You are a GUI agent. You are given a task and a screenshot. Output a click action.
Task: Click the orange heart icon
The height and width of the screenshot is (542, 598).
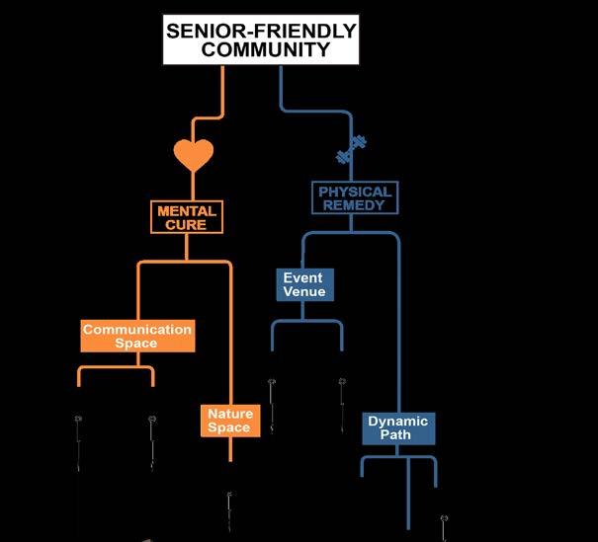(x=195, y=155)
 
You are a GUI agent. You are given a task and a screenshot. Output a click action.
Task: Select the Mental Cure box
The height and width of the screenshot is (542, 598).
(x=186, y=217)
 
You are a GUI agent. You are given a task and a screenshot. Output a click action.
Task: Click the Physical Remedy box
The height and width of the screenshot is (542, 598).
(x=354, y=198)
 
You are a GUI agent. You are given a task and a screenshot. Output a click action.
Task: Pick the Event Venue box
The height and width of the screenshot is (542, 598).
(x=303, y=284)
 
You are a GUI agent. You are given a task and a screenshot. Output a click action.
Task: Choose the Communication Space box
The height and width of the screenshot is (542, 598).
(x=136, y=336)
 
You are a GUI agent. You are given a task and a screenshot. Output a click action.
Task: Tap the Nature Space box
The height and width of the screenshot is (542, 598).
(x=228, y=421)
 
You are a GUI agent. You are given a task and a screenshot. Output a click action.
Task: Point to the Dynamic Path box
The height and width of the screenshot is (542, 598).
(x=398, y=428)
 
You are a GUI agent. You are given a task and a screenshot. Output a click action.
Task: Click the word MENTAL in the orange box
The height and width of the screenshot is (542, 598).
(x=186, y=210)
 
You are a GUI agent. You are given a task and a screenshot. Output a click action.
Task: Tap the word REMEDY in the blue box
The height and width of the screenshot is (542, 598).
(x=354, y=206)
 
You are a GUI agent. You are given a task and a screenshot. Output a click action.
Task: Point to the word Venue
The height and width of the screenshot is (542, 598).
(x=303, y=292)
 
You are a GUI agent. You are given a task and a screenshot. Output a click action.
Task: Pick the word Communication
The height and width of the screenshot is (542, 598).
(x=136, y=329)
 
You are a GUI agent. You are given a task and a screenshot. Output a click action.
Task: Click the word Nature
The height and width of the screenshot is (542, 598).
(x=228, y=413)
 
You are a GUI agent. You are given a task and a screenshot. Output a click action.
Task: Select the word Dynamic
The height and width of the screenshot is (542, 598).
(x=398, y=422)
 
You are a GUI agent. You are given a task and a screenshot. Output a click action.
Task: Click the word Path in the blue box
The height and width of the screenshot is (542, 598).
(x=398, y=436)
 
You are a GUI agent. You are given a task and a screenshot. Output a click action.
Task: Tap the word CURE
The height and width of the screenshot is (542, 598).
(x=186, y=225)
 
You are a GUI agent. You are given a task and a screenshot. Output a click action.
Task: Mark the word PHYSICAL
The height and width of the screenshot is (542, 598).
(x=354, y=191)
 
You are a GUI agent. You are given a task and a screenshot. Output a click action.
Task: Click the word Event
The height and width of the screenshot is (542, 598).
(x=303, y=277)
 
